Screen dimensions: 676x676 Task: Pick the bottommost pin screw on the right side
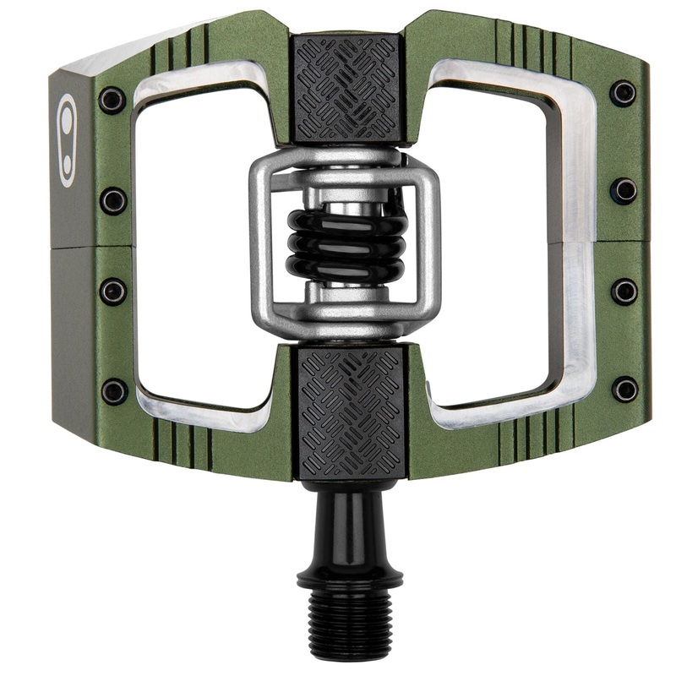(625, 390)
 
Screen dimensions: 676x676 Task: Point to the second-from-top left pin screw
(112, 201)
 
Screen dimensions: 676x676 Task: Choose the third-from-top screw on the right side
(625, 292)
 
